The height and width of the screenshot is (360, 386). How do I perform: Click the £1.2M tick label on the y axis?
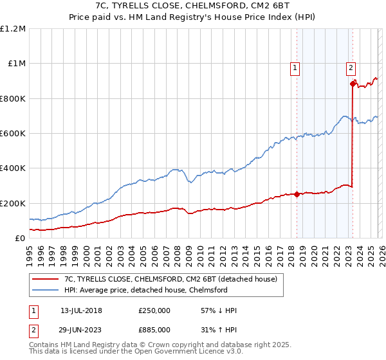pyautogui.click(x=13, y=28)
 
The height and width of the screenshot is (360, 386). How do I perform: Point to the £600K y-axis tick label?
pyautogui.click(x=13, y=133)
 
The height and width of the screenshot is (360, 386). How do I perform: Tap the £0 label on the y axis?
pyautogui.click(x=20, y=238)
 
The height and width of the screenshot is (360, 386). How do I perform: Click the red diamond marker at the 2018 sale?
pyautogui.click(x=297, y=194)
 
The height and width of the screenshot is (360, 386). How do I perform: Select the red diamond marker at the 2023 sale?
pyautogui.click(x=353, y=83)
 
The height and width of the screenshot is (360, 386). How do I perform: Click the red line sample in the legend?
pyautogui.click(x=46, y=279)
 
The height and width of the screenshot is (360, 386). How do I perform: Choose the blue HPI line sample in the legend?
pyautogui.click(x=46, y=290)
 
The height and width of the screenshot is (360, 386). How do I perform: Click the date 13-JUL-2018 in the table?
pyautogui.click(x=81, y=310)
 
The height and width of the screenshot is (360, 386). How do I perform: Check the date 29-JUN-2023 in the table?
pyautogui.click(x=81, y=329)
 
